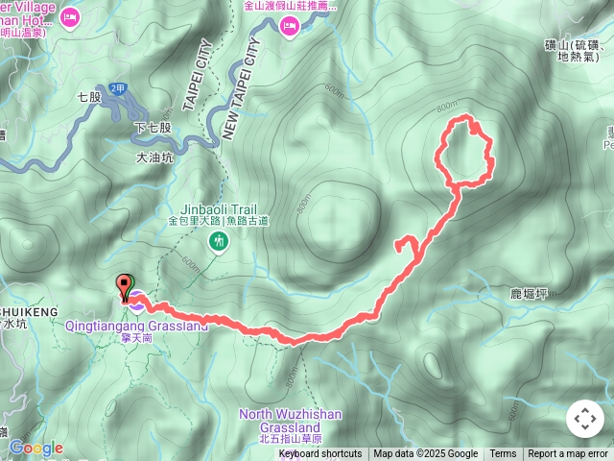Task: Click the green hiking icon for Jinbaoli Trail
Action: coord(220,242)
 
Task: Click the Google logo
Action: coord(35,449)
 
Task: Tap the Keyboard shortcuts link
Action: coord(320,454)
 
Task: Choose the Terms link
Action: coord(503,454)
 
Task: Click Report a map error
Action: coord(568,454)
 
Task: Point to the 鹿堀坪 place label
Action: coord(529,294)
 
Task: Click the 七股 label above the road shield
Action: coord(89,97)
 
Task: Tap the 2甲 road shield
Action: coord(117,89)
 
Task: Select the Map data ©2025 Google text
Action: coord(426,454)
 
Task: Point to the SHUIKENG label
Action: coord(29,312)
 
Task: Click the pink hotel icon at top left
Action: coord(70,16)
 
